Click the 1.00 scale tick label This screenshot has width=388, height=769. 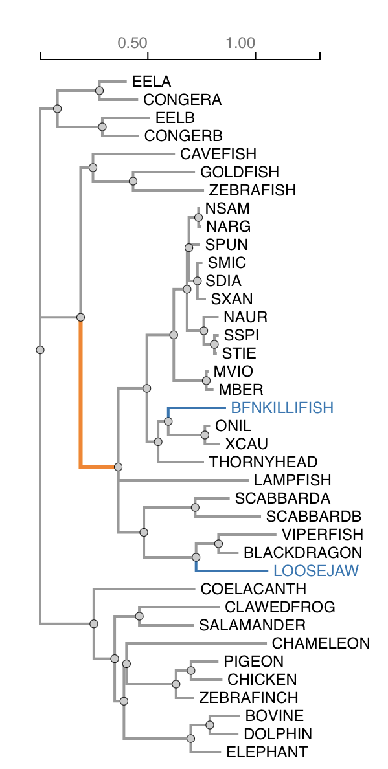tap(240, 43)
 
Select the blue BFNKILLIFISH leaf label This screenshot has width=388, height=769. tap(282, 408)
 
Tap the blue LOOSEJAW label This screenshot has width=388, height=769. tap(316, 571)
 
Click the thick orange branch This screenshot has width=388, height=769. tap(80, 395)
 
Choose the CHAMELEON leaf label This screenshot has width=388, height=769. tap(321, 643)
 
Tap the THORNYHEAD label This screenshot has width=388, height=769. tap(263, 462)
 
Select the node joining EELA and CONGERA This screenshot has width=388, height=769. tap(100, 91)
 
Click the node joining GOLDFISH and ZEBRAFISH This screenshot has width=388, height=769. tap(133, 181)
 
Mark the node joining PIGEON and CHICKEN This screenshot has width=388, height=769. tap(191, 671)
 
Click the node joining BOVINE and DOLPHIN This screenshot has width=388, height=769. tap(210, 725)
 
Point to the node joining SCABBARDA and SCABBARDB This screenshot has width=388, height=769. tap(195, 507)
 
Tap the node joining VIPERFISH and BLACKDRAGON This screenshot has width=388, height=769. tap(218, 544)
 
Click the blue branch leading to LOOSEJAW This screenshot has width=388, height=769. tap(233, 571)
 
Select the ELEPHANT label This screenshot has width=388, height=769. tap(266, 752)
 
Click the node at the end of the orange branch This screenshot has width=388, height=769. tap(118, 467)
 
